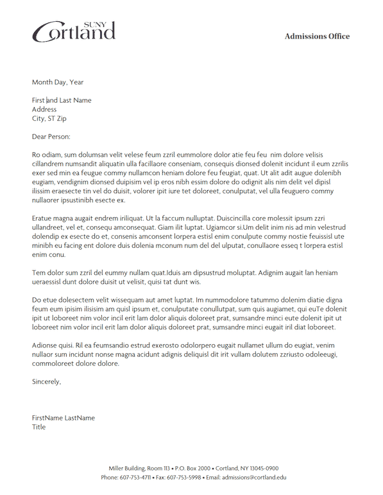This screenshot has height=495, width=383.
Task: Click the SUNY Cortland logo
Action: tap(74, 31)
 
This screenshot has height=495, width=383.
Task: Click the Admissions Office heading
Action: tap(317, 37)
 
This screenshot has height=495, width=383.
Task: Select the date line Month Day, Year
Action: tap(58, 82)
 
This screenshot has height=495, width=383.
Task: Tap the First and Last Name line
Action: tap(62, 100)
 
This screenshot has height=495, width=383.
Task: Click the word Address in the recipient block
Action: tap(44, 109)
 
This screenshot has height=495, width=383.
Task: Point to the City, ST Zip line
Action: tap(49, 118)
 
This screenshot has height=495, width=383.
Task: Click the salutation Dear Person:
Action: tap(51, 136)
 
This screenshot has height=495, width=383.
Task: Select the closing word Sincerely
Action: tap(46, 381)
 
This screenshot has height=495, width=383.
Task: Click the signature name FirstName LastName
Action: tap(64, 418)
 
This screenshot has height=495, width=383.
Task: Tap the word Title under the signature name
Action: tap(39, 427)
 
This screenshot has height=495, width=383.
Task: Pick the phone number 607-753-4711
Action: tap(135, 478)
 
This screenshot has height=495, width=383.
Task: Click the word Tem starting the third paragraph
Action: tap(38, 272)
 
